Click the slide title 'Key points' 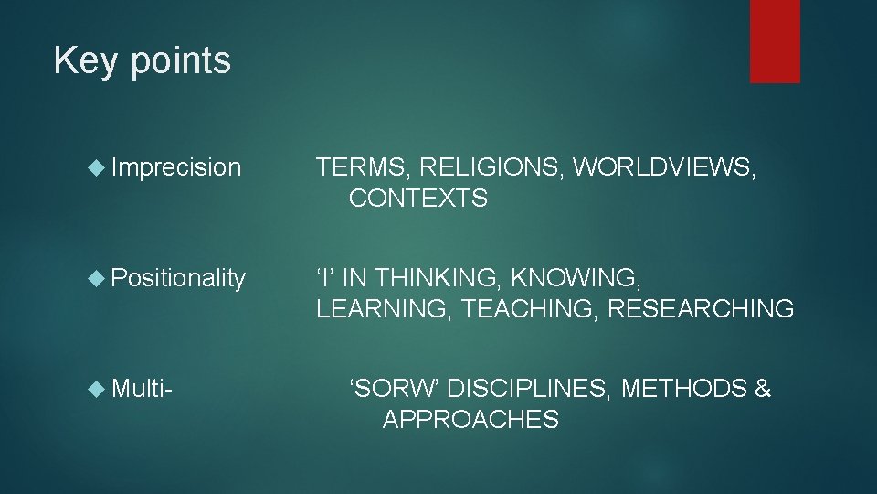coord(142,61)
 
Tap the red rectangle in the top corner coord(775,41)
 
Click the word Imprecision coord(176,167)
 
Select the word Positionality coord(178,277)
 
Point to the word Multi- coord(142,390)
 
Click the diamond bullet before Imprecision coord(100,167)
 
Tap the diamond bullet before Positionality coord(100,277)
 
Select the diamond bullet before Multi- coord(100,390)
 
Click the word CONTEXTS coord(417,199)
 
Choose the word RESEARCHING coord(701,309)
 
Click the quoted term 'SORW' coord(396,390)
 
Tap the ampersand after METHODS coord(762,390)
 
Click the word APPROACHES coord(470,421)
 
